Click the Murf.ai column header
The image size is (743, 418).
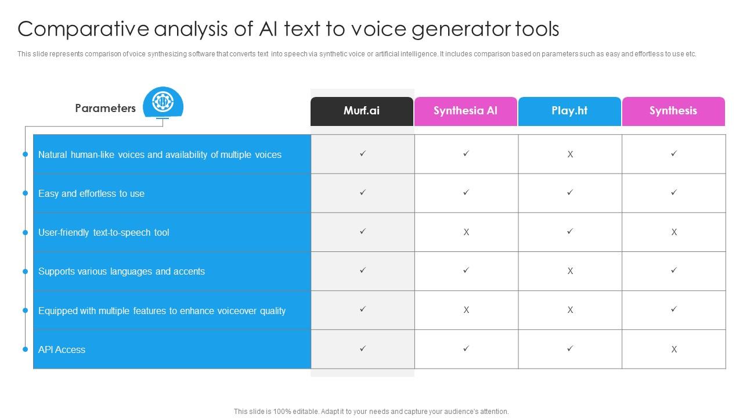pos(362,111)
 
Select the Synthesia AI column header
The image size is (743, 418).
pos(466,111)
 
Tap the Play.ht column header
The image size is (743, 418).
pos(569,111)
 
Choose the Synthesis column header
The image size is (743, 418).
pos(673,111)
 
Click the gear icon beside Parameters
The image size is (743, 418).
pos(163,101)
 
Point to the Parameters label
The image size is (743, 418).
pos(105,108)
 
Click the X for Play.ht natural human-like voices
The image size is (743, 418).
pos(570,154)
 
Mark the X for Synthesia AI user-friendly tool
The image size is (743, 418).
pos(466,232)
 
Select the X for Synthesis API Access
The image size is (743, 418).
pos(674,349)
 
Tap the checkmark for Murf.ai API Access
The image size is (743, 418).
pos(363,348)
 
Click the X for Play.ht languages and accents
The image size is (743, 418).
pos(570,271)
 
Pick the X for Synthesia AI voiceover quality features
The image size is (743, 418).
pos(466,310)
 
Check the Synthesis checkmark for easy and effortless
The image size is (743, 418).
pos(674,192)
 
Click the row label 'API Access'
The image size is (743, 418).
pos(62,349)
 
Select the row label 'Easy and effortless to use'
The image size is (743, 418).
pos(91,193)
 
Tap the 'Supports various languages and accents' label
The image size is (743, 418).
pos(121,271)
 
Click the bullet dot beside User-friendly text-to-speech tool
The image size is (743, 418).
pos(25,233)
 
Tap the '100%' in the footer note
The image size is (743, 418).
pos(282,412)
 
